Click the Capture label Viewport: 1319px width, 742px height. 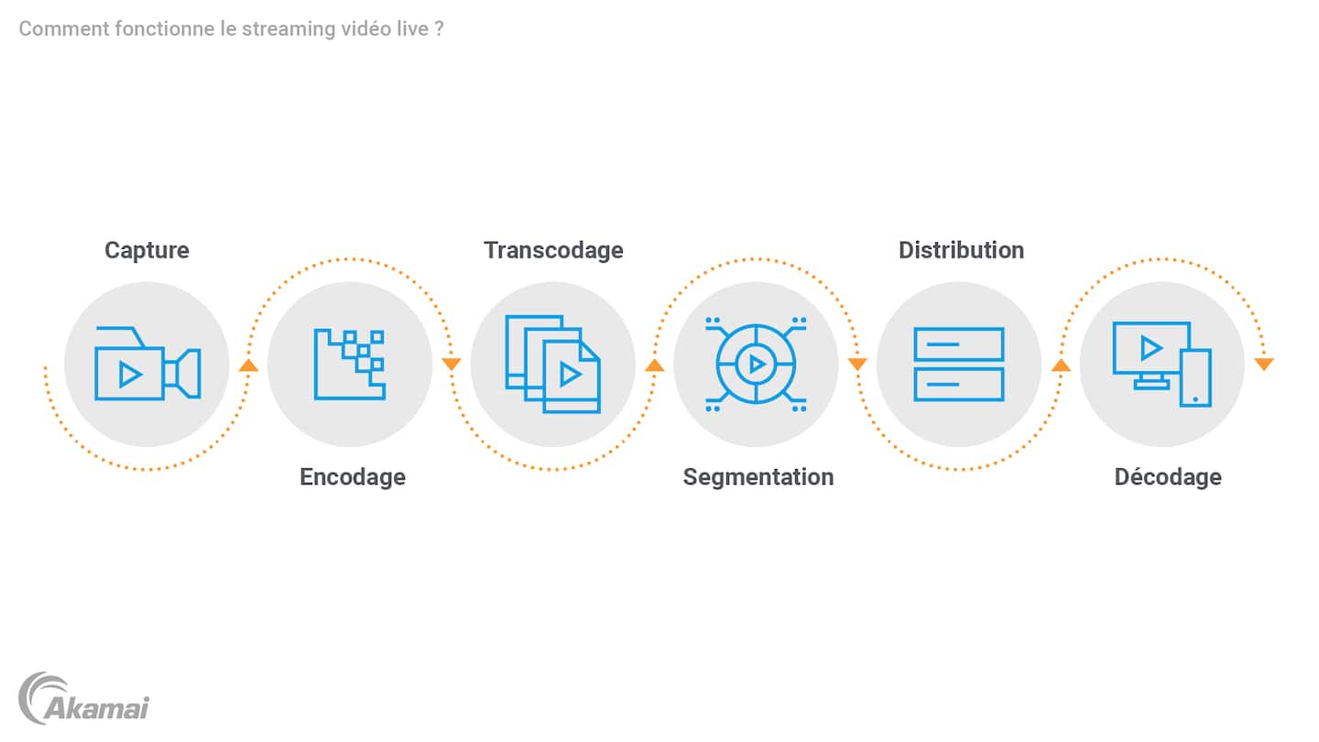[147, 251]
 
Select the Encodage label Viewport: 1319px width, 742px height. [352, 477]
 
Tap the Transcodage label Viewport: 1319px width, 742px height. [553, 251]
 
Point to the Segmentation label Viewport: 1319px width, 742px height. [758, 477]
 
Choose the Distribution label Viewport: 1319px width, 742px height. [961, 250]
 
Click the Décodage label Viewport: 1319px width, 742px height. [1168, 477]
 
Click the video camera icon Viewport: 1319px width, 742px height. [147, 364]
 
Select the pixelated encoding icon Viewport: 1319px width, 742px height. [350, 364]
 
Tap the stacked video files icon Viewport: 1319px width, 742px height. [553, 364]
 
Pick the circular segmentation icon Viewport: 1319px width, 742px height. [756, 364]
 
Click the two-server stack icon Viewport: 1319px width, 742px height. [959, 364]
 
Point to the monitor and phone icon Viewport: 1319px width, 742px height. [1161, 364]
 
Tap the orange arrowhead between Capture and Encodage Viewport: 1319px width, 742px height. [248, 366]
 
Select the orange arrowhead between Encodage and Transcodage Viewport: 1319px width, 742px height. [452, 364]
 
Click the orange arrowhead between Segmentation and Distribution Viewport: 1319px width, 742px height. [857, 364]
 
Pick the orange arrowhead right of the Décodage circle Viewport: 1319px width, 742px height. [1264, 364]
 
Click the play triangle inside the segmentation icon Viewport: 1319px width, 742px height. [758, 365]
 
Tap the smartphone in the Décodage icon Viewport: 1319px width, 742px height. [1196, 378]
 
